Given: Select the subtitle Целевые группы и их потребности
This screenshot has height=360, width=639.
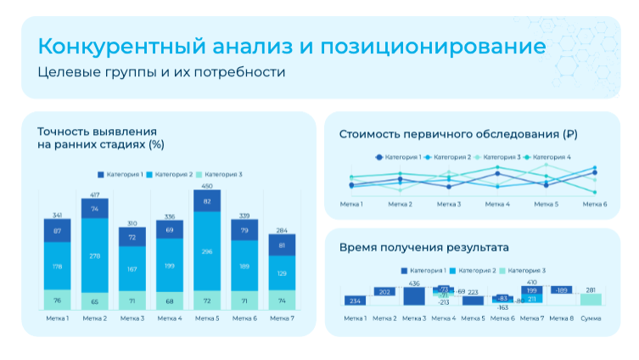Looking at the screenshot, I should (x=161, y=72).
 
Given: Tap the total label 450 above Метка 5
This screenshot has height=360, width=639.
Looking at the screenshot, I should (x=206, y=186).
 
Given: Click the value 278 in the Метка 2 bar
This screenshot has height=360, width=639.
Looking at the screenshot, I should (x=94, y=256).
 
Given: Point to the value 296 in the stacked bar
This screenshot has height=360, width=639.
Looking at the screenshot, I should (x=206, y=251).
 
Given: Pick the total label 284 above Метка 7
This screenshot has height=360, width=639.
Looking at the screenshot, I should (x=281, y=230).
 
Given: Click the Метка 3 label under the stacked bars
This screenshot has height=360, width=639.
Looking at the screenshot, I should (x=132, y=318).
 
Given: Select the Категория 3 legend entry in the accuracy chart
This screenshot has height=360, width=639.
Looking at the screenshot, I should (x=218, y=174).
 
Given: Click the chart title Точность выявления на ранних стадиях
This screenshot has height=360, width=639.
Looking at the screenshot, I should (x=100, y=138).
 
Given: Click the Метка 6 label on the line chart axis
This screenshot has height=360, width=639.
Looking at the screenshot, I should (x=593, y=204).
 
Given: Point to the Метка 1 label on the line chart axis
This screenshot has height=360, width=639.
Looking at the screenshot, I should (x=351, y=204).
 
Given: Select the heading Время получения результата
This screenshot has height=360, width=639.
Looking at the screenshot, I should (x=423, y=247).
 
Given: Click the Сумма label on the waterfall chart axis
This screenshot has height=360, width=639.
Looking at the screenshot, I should (x=591, y=318).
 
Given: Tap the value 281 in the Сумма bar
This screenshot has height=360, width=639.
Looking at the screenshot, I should (x=591, y=290).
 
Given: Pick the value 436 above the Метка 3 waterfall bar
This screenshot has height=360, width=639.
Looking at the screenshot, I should (x=414, y=284).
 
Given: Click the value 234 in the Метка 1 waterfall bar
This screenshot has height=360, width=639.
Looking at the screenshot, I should (x=356, y=301).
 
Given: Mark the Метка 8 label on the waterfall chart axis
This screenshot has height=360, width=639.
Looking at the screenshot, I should (x=561, y=318).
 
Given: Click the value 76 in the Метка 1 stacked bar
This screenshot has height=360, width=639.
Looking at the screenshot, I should (x=57, y=300).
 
